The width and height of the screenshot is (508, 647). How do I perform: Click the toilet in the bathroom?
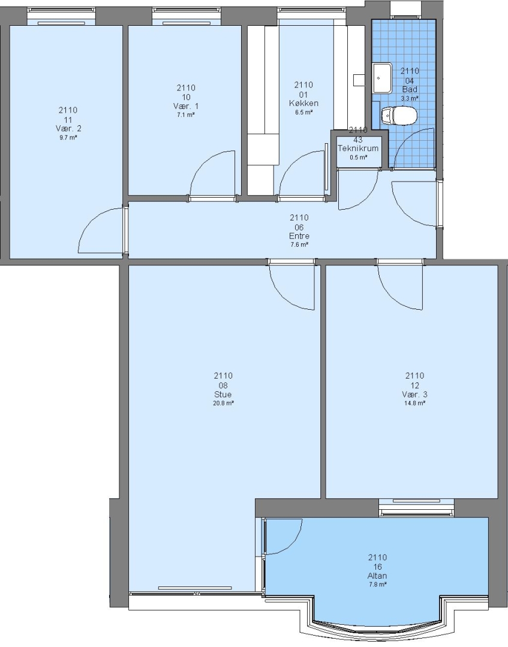pyautogui.click(x=399, y=116)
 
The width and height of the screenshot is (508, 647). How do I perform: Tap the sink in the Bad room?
pyautogui.click(x=382, y=78)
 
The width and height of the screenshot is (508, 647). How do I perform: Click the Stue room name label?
pyautogui.click(x=223, y=394)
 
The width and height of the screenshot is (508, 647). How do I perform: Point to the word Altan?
pyautogui.click(x=377, y=576)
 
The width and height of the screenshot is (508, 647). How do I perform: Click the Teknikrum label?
pyautogui.click(x=358, y=148)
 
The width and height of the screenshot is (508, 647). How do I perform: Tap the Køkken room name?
pyautogui.click(x=303, y=103)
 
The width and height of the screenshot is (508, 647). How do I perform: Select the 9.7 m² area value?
pyautogui.click(x=68, y=138)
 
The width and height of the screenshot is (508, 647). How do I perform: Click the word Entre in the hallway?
pyautogui.click(x=299, y=236)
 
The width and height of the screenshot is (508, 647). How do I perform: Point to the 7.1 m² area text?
pyautogui.click(x=186, y=115)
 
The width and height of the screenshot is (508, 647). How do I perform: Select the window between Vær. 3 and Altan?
pyautogui.click(x=416, y=507)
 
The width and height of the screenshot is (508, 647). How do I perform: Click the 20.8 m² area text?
pyautogui.click(x=223, y=404)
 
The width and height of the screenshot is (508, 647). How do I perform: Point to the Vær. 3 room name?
pyautogui.click(x=414, y=394)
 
